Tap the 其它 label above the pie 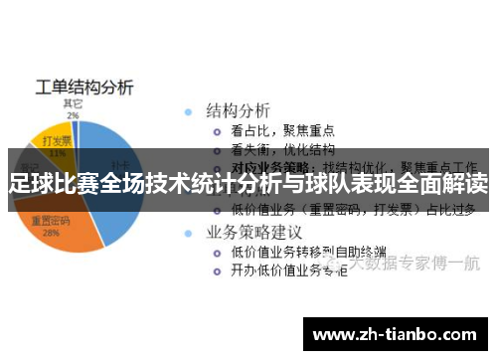point(73,102)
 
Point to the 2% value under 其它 point(73,115)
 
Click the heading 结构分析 point(239,109)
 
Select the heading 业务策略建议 point(253,232)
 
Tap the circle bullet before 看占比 point(217,130)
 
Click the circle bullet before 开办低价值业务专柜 point(217,271)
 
